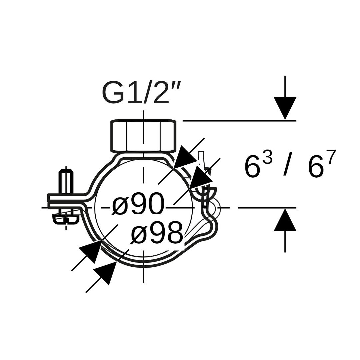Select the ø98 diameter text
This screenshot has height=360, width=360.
pyautogui.click(x=157, y=233)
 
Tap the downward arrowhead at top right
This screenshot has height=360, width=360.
pyautogui.click(x=285, y=108)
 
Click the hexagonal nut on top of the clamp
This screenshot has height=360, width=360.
pyautogui.click(x=143, y=136)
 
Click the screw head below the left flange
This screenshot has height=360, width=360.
pyautogui.click(x=66, y=219)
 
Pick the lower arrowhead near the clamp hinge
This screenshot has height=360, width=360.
pyautogui.click(x=200, y=178)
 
